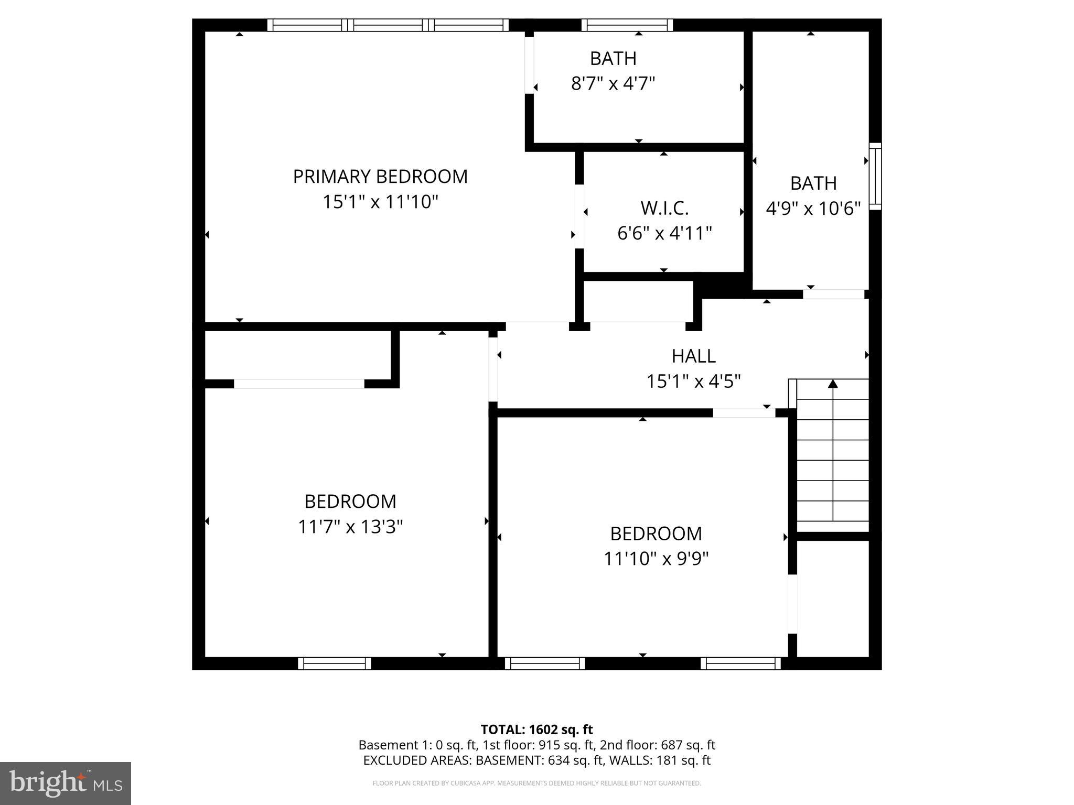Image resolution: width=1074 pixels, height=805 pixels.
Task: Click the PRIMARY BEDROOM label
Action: click(x=380, y=177)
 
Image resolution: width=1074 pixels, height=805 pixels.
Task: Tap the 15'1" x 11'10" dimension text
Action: click(x=380, y=202)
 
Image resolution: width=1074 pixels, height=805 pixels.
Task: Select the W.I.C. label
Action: click(x=664, y=208)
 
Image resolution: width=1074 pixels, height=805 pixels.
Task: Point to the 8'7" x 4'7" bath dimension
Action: click(x=613, y=83)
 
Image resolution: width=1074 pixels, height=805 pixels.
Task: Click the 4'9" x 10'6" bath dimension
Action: click(x=813, y=209)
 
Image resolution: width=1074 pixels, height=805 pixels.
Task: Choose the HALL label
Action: click(x=693, y=356)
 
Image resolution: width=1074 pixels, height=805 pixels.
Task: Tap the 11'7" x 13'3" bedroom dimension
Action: click(x=350, y=526)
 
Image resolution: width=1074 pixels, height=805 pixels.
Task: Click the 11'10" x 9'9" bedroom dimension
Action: click(x=656, y=559)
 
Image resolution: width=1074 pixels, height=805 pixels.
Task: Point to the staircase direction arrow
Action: click(x=833, y=384)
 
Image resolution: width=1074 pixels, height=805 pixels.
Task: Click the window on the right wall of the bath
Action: click(x=875, y=176)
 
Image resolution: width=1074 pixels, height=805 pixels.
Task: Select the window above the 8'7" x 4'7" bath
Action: click(x=627, y=25)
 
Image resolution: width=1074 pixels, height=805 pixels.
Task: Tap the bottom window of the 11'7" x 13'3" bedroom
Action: click(x=335, y=663)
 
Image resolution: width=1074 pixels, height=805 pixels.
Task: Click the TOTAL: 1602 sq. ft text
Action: click(x=536, y=730)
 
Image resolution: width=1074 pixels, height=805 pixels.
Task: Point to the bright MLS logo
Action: click(x=65, y=784)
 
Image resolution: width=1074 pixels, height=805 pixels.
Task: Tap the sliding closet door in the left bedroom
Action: click(x=299, y=384)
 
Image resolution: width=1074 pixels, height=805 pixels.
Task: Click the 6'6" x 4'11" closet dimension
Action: click(x=664, y=233)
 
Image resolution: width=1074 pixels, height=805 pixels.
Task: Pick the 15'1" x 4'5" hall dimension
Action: click(x=693, y=381)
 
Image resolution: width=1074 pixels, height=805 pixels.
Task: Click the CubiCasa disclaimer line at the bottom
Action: click(x=536, y=783)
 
